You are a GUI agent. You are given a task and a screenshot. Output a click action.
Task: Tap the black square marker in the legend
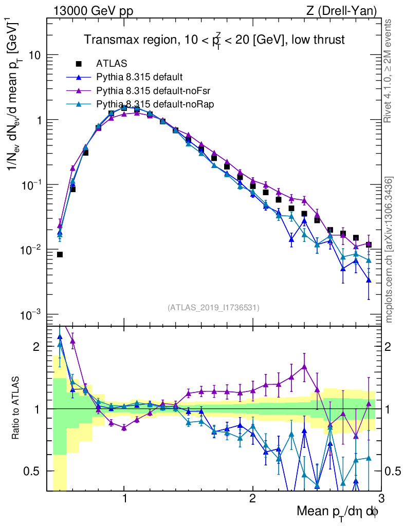coord(79,64)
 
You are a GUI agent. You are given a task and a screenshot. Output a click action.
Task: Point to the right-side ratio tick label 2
coord(392,347)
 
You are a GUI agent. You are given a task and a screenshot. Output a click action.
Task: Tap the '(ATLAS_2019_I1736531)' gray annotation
coord(213,308)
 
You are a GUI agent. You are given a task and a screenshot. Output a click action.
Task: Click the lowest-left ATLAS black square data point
coord(60,254)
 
